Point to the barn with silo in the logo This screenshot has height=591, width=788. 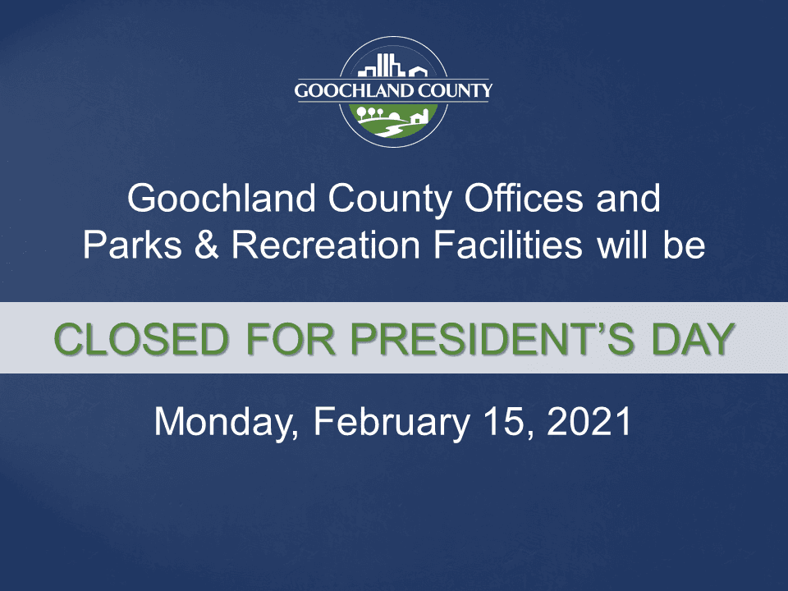tap(418, 117)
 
